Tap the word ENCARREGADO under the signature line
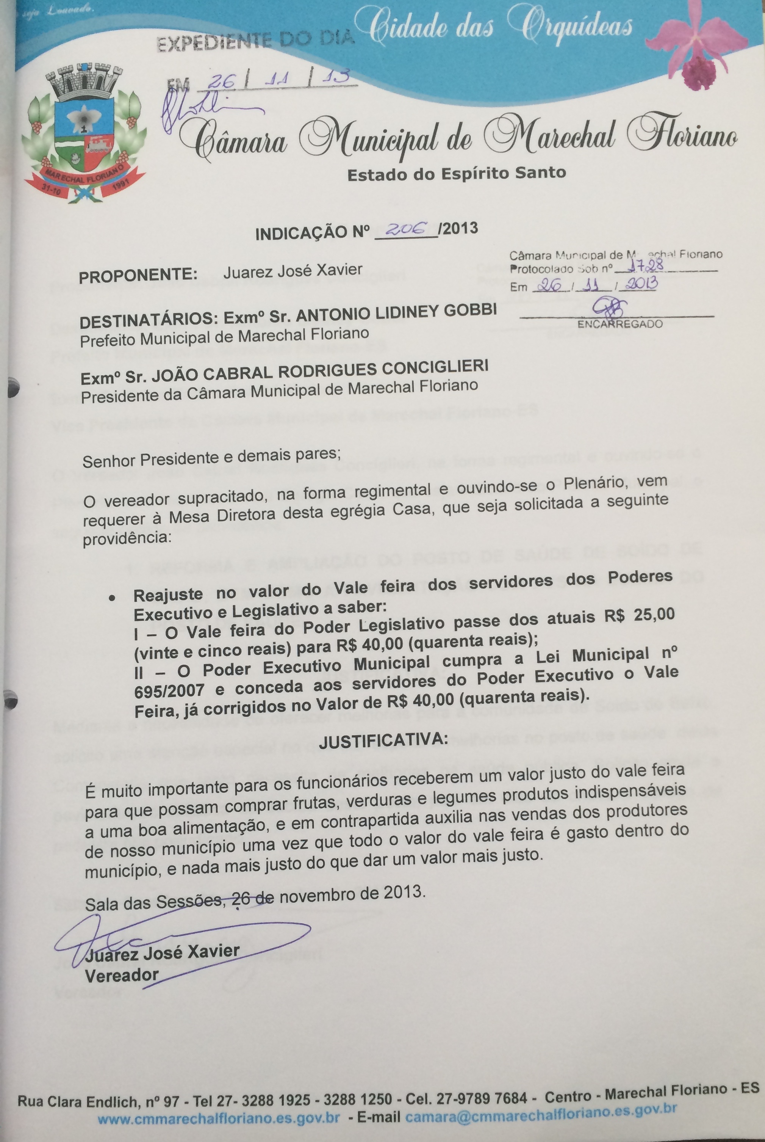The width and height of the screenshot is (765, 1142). click(620, 324)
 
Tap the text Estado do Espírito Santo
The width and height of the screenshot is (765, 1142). click(456, 174)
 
